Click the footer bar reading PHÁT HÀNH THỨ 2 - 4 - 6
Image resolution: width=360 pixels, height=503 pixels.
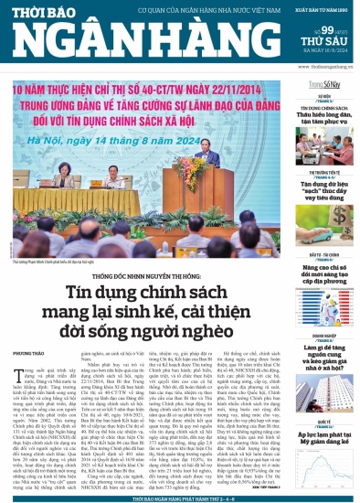point(180,497)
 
